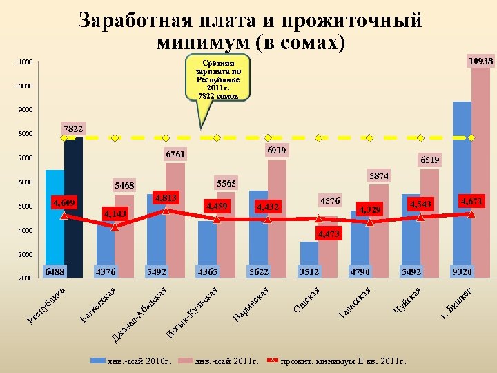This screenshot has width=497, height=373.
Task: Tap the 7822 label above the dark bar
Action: click(x=72, y=129)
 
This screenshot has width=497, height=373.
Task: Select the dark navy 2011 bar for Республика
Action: click(x=73, y=207)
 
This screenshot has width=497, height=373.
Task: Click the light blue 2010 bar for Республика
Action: click(x=55, y=221)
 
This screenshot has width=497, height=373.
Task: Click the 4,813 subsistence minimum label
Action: click(x=166, y=198)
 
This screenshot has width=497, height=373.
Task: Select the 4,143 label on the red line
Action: click(x=115, y=214)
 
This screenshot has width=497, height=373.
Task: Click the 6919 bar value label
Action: click(x=276, y=150)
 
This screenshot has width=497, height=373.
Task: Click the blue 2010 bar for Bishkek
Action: click(x=462, y=186)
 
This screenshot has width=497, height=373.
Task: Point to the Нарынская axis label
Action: click(x=251, y=305)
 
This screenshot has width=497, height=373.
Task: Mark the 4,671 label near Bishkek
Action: click(x=472, y=201)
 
